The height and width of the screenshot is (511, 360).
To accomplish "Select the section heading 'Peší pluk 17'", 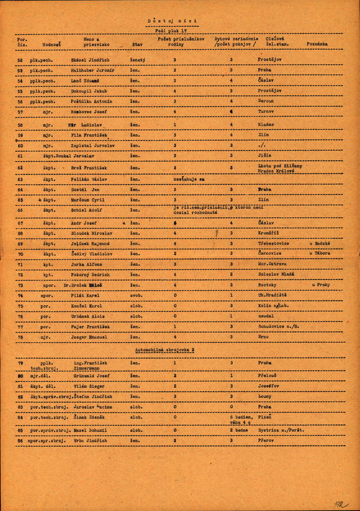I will coord(171,30).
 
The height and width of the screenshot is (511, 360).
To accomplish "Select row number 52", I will coord(20,60).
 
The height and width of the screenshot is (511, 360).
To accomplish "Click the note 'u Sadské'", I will coord(320,244).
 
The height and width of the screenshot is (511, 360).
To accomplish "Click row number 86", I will coord(20,440).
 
